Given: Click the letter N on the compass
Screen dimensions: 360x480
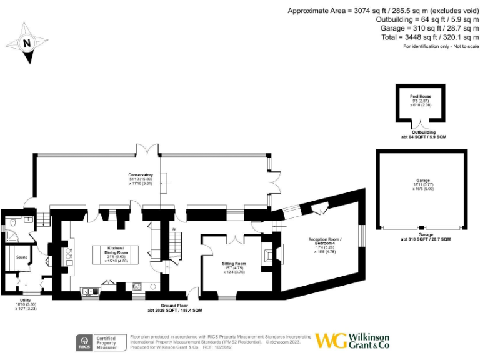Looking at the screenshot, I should (27, 44).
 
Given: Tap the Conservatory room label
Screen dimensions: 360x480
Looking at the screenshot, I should (141, 174).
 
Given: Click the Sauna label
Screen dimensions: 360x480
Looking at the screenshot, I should (20, 256).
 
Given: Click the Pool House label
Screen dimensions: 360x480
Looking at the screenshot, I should (421, 96).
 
